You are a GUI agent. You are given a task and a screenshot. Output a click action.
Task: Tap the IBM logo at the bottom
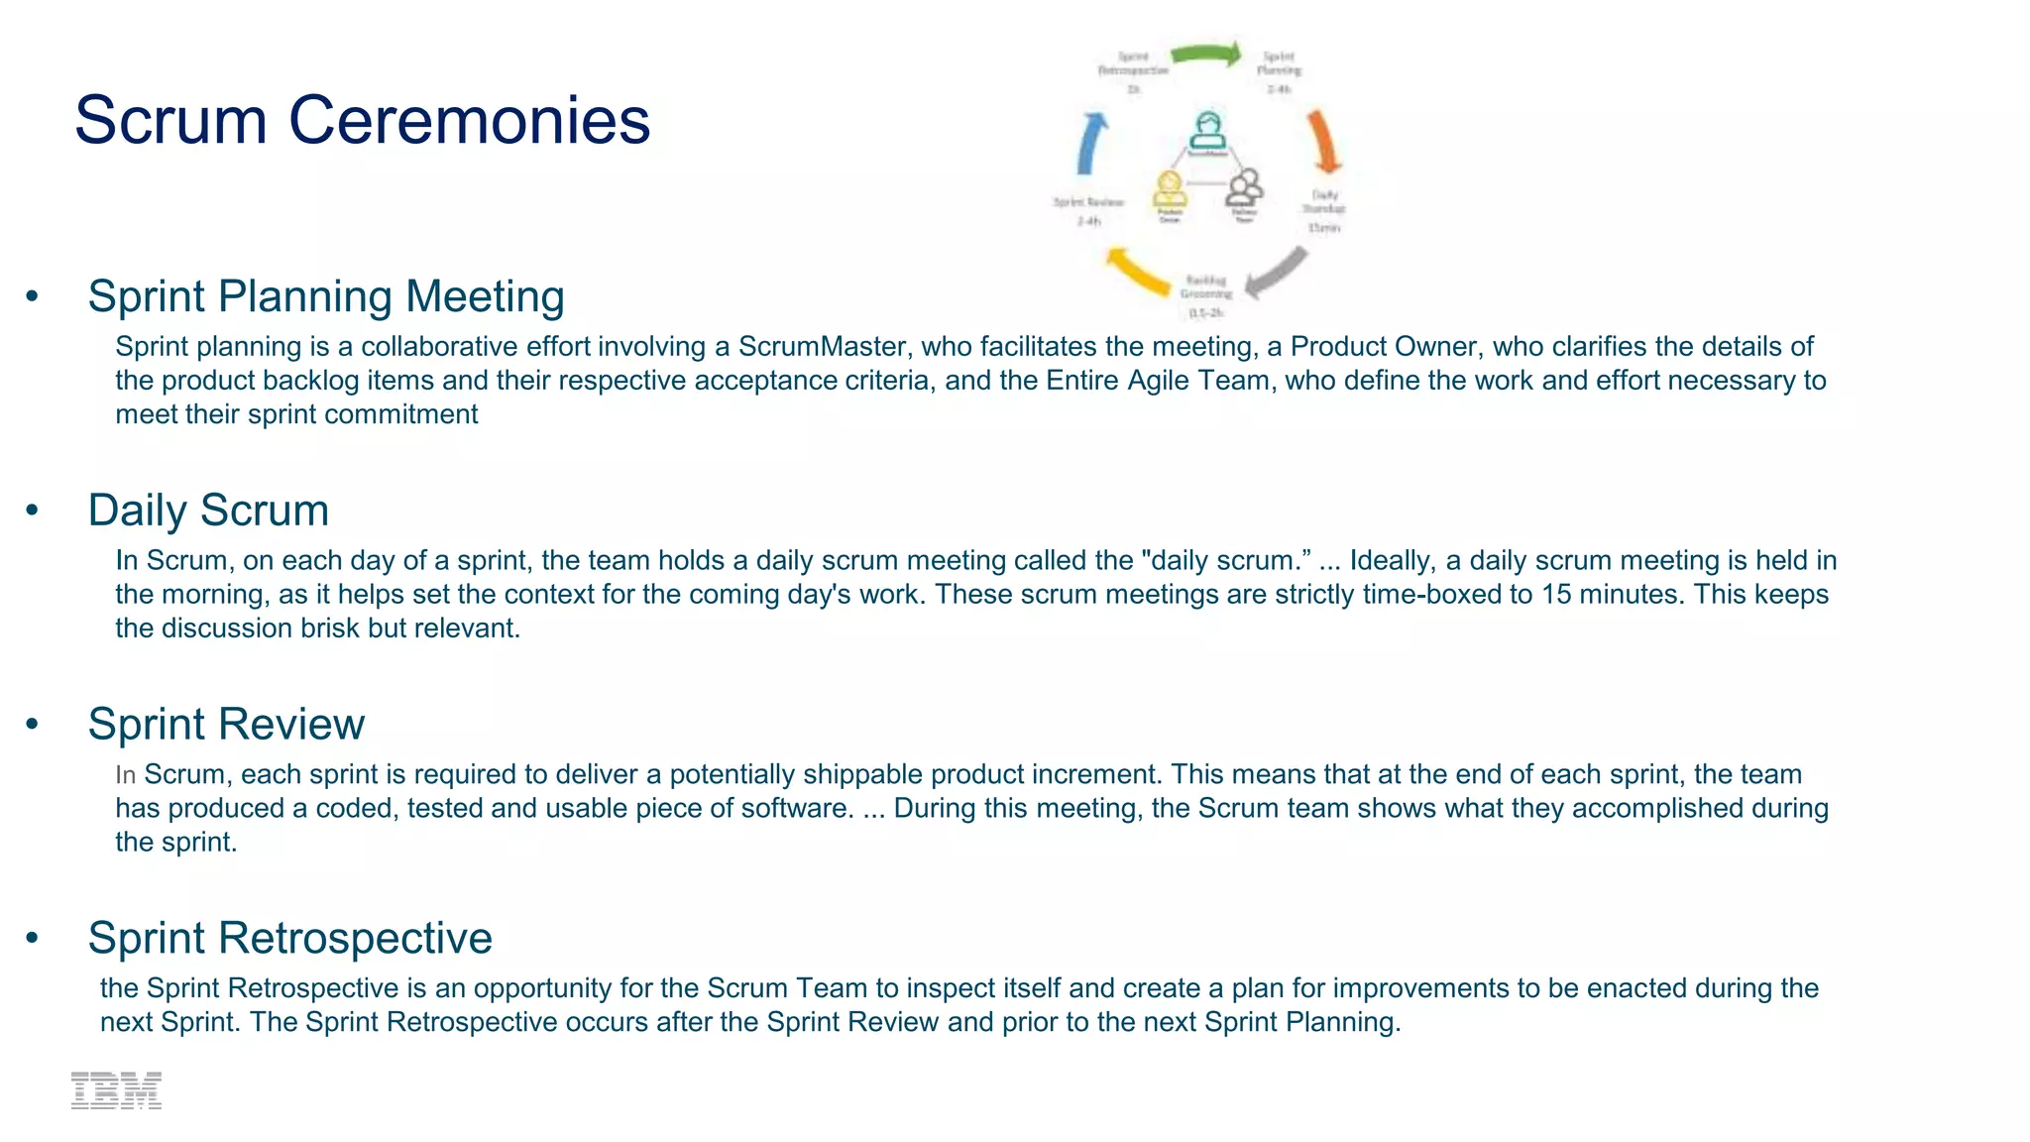tap(116, 1090)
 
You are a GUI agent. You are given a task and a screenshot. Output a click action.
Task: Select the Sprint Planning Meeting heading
tap(326, 296)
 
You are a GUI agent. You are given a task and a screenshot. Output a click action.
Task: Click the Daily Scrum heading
tap(208, 511)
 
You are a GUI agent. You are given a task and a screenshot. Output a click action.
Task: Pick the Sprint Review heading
tap(226, 725)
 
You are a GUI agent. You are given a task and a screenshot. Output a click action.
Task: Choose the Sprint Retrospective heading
tap(289, 938)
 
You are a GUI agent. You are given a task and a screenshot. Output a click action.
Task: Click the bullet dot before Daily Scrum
tap(33, 510)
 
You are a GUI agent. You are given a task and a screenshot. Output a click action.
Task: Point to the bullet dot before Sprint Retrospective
tap(33, 938)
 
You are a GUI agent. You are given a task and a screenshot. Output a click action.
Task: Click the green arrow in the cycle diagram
tap(1206, 54)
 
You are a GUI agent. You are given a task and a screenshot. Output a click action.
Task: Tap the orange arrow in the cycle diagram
tap(1323, 142)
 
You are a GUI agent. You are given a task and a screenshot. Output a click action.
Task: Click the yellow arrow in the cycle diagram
tap(1137, 272)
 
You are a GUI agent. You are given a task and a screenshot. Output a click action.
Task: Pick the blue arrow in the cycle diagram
tap(1091, 144)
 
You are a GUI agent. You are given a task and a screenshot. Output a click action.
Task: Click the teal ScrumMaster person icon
tap(1206, 132)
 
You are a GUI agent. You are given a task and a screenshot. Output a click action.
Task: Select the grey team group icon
tap(1245, 186)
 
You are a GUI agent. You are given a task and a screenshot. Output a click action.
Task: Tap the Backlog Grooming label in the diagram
tap(1206, 287)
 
